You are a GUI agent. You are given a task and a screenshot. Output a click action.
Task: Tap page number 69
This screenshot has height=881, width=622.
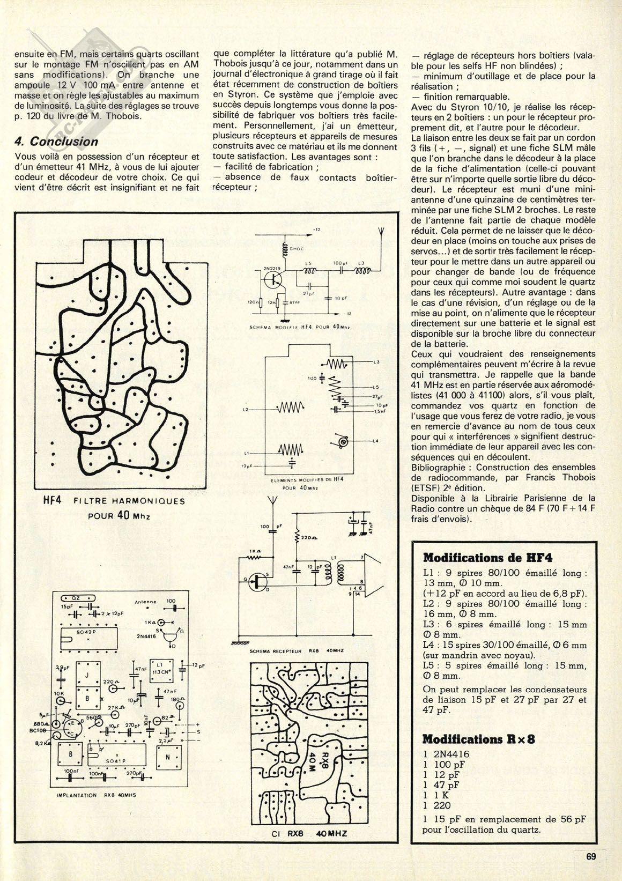pos(591,856)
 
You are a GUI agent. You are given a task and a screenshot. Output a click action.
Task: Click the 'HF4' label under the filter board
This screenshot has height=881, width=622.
pos(52,501)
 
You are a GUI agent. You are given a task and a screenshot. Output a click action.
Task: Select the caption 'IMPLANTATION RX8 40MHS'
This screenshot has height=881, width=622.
pos(97,795)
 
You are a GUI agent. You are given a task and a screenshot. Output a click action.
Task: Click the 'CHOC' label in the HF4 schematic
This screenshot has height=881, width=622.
pos(296,249)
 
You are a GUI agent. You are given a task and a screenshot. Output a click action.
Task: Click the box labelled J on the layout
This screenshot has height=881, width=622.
pos(87,675)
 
